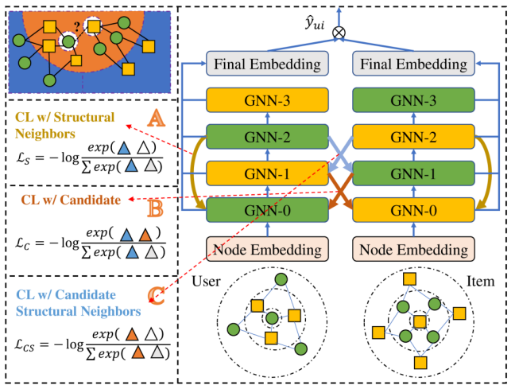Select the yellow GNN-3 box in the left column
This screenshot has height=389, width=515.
coord(267,100)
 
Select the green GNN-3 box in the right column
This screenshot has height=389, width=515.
coord(412,100)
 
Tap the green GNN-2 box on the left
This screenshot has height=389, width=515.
coord(267,137)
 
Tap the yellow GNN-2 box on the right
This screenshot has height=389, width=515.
coord(412,137)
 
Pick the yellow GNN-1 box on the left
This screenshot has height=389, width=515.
coord(267,173)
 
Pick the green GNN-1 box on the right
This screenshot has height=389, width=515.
coord(412,173)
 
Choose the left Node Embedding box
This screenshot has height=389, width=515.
coord(267,249)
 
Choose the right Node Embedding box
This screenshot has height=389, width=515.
coord(412,249)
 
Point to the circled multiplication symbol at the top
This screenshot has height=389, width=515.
coord(339,33)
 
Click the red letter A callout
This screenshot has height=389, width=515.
coord(157,119)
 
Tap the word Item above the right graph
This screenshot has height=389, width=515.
coord(481,282)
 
